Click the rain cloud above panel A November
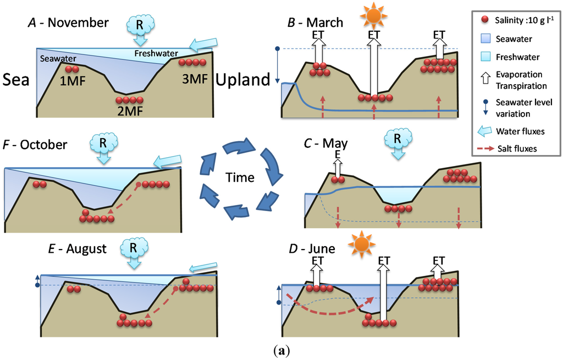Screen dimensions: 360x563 (140, 25)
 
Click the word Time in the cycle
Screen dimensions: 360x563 (240, 177)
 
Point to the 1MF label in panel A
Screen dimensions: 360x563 (71, 82)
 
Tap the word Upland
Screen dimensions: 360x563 (244, 80)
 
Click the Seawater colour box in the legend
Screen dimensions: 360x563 (484, 39)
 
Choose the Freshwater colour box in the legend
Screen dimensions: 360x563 (484, 57)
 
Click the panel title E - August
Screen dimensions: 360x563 (77, 248)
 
